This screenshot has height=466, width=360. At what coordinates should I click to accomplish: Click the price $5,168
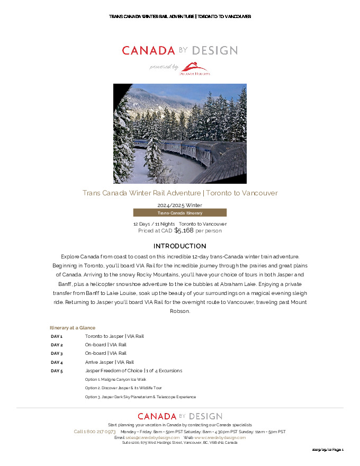tap(184, 230)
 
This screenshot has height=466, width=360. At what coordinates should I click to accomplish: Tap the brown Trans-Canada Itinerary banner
tap(179, 213)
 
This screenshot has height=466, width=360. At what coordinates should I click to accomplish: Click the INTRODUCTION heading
tap(179, 246)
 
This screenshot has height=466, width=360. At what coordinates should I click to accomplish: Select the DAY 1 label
tap(57, 336)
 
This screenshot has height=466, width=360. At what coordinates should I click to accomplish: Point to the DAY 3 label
tap(57, 353)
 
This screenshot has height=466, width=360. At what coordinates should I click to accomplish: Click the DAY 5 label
tap(57, 371)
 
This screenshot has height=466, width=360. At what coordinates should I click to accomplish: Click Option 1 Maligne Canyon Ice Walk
tap(115, 380)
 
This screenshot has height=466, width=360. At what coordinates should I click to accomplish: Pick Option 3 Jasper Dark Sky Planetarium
tap(140, 397)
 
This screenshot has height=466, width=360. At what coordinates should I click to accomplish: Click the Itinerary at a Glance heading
tap(73, 328)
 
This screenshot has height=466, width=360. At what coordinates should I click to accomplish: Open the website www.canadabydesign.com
tap(220, 437)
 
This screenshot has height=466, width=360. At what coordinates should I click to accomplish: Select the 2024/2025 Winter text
tap(179, 205)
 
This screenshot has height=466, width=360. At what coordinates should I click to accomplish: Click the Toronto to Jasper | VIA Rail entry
tap(114, 336)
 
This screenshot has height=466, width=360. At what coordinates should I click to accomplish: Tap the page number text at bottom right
tap(328, 450)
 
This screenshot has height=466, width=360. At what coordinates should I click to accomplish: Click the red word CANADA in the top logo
tap(148, 51)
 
